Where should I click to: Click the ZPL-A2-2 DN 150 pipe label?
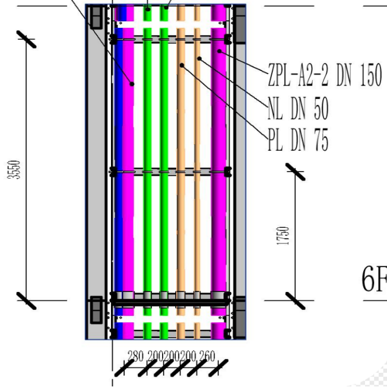coord(325,75)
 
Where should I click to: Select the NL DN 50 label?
coord(298,108)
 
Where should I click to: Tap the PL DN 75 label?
coord(298,139)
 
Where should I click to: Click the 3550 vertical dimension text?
coord(14,170)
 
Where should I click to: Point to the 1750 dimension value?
coord(283,236)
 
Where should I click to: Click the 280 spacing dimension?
coord(135,356)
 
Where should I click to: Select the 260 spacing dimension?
coord(207,356)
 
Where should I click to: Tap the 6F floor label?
coord(374,279)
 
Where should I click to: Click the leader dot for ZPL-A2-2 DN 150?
coord(219,51)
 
